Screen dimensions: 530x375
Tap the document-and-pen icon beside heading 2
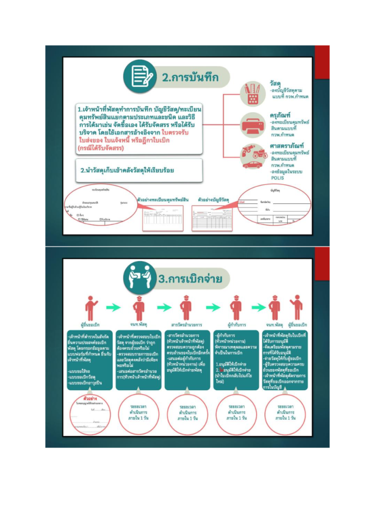140,77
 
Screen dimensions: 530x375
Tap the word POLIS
278,178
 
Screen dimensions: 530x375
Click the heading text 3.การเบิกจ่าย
190,279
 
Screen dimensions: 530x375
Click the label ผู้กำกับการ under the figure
236,325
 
